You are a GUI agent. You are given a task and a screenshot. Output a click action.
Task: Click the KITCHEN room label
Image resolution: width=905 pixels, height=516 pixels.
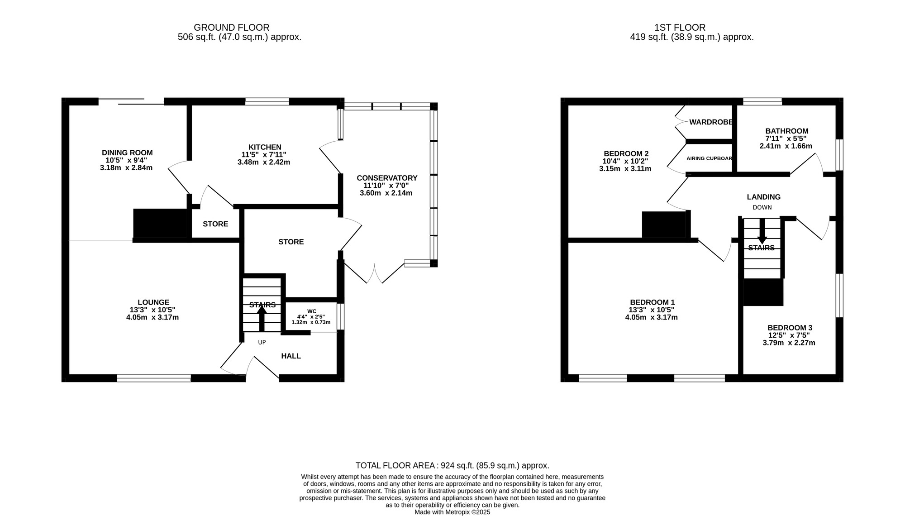[265, 147]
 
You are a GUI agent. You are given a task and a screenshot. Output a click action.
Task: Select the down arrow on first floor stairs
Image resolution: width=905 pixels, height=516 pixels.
[762, 232]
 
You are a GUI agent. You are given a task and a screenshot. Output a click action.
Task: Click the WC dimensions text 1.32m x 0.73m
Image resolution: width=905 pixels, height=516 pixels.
[311, 323]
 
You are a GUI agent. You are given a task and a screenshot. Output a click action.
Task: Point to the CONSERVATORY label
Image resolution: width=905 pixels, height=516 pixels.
[386, 178]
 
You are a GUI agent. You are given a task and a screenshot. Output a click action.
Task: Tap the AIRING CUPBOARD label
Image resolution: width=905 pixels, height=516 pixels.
[709, 158]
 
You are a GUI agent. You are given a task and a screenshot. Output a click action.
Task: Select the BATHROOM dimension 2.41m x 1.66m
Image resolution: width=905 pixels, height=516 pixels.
[786, 146]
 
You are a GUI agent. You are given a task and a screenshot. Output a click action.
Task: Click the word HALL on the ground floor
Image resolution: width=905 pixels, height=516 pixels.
[291, 356]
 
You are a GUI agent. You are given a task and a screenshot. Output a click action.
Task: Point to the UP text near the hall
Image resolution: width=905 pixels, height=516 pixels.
[262, 343]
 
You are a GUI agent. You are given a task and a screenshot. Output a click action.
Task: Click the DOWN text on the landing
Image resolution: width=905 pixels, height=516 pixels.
[762, 207]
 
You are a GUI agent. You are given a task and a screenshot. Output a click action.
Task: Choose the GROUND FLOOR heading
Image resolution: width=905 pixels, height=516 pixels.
[231, 28]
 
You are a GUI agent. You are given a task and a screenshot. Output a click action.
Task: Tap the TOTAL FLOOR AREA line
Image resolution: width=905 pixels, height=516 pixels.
[452, 465]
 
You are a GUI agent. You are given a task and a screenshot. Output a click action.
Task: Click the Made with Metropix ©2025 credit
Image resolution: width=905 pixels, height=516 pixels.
[452, 512]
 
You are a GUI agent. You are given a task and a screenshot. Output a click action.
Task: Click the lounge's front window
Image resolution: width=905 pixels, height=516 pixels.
[154, 378]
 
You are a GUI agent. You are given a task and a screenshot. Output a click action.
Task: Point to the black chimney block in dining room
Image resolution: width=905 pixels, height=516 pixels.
[161, 223]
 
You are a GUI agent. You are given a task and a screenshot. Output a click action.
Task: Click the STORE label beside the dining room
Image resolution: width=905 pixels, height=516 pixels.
[215, 224]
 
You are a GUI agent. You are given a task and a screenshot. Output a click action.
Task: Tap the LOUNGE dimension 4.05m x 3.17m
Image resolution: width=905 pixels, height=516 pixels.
[152, 317]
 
